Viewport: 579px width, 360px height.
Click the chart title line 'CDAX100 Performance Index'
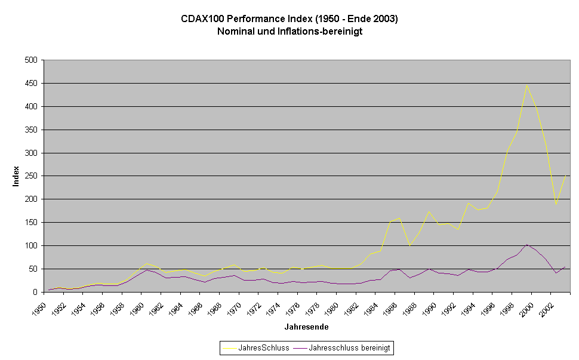(289, 19)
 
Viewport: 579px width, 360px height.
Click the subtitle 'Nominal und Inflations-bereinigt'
(289, 31)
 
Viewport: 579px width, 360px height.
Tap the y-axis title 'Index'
(17, 176)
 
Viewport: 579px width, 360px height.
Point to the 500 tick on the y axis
(31, 60)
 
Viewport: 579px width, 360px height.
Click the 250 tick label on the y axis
(31, 176)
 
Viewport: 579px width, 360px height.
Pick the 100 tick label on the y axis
(31, 245)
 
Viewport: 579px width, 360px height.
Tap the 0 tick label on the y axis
(35, 292)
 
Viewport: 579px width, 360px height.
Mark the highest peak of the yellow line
(526, 85)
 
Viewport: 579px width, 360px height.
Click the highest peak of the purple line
(526, 244)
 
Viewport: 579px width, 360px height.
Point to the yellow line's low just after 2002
(556, 204)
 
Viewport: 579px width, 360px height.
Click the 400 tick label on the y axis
(31, 106)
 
